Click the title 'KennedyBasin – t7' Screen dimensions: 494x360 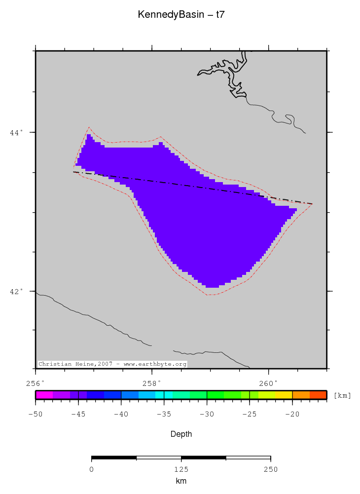coord(181,15)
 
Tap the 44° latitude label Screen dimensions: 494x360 coord(17,132)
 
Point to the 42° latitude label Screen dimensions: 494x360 coord(17,291)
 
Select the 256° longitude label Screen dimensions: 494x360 coord(36,382)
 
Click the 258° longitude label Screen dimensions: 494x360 coord(152,382)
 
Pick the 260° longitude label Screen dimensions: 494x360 coord(268,382)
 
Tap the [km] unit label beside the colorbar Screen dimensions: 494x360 coord(342,395)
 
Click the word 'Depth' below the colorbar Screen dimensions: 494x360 coord(181,434)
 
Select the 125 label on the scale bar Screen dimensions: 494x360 coord(181,469)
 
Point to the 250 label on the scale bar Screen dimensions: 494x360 coord(270,469)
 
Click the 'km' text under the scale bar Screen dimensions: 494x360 coord(181,481)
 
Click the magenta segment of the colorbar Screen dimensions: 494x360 coord(44,395)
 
